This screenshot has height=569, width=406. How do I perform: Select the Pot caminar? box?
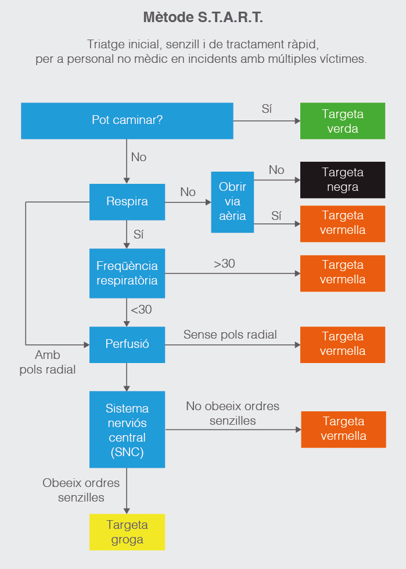(127, 120)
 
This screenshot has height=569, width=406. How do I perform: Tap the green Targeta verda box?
(343, 121)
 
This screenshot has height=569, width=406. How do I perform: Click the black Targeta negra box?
(343, 180)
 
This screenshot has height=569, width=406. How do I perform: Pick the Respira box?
(127, 202)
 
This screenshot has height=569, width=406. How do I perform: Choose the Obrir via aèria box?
(232, 202)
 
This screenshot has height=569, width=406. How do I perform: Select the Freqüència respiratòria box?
(127, 272)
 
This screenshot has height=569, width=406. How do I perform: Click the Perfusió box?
(127, 344)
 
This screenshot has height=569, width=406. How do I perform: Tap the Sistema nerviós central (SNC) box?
(127, 430)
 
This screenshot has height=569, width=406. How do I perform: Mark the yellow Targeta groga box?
(127, 532)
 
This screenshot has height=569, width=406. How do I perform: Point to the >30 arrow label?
(224, 264)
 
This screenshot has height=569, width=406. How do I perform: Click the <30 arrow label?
(141, 310)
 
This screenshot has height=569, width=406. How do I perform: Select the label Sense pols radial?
(230, 335)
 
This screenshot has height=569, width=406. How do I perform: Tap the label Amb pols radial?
(48, 362)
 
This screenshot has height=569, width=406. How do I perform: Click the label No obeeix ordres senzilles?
(232, 413)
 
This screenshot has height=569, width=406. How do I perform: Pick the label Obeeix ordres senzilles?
(81, 490)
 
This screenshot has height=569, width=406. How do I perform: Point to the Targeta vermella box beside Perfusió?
(343, 344)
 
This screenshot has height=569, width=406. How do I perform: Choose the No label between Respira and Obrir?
(188, 192)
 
